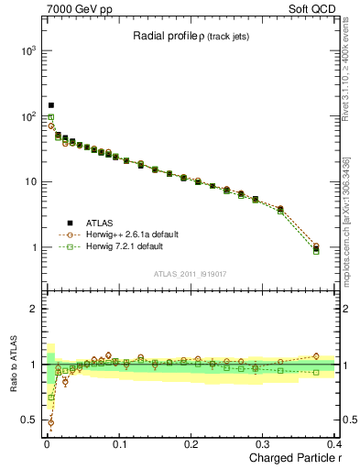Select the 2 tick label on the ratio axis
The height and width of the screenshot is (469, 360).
[33, 309]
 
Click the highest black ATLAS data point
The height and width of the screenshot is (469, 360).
[51, 105]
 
